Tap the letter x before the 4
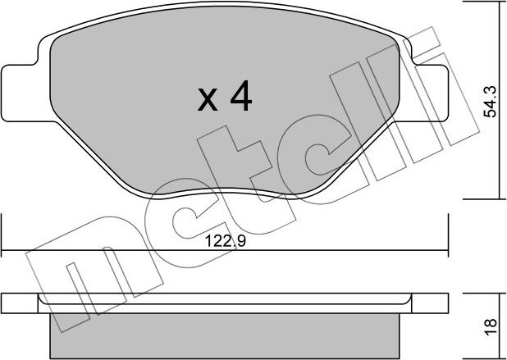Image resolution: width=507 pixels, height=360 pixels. tap(208, 102)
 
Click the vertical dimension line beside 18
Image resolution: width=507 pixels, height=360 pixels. tap(500, 324)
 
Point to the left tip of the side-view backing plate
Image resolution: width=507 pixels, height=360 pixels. tap(4, 302)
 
